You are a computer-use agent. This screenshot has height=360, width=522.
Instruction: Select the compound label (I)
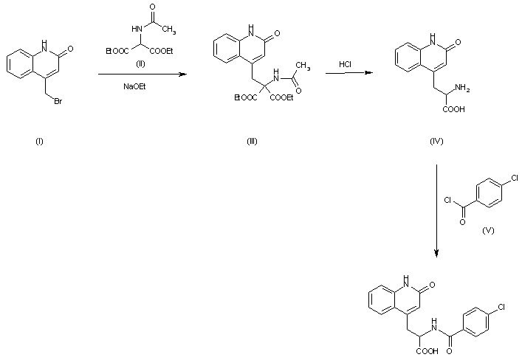pyautogui.click(x=39, y=142)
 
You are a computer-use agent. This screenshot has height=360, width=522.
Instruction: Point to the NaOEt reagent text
pyautogui.click(x=134, y=86)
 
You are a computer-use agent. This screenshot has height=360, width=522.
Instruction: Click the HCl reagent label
pyautogui.click(x=346, y=64)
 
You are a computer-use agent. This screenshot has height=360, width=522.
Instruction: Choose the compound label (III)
pyautogui.click(x=252, y=142)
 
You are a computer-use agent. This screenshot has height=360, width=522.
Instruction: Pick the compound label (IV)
pyautogui.click(x=436, y=142)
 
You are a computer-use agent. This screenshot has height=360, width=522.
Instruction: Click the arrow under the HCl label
pyautogui.click(x=346, y=72)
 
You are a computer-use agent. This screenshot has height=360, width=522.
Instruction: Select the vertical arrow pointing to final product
pyautogui.click(x=437, y=210)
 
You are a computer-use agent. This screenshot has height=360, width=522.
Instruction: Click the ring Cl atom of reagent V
pyautogui.click(x=514, y=178)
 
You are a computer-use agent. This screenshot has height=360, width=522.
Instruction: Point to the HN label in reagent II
pyautogui.click(x=135, y=29)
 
